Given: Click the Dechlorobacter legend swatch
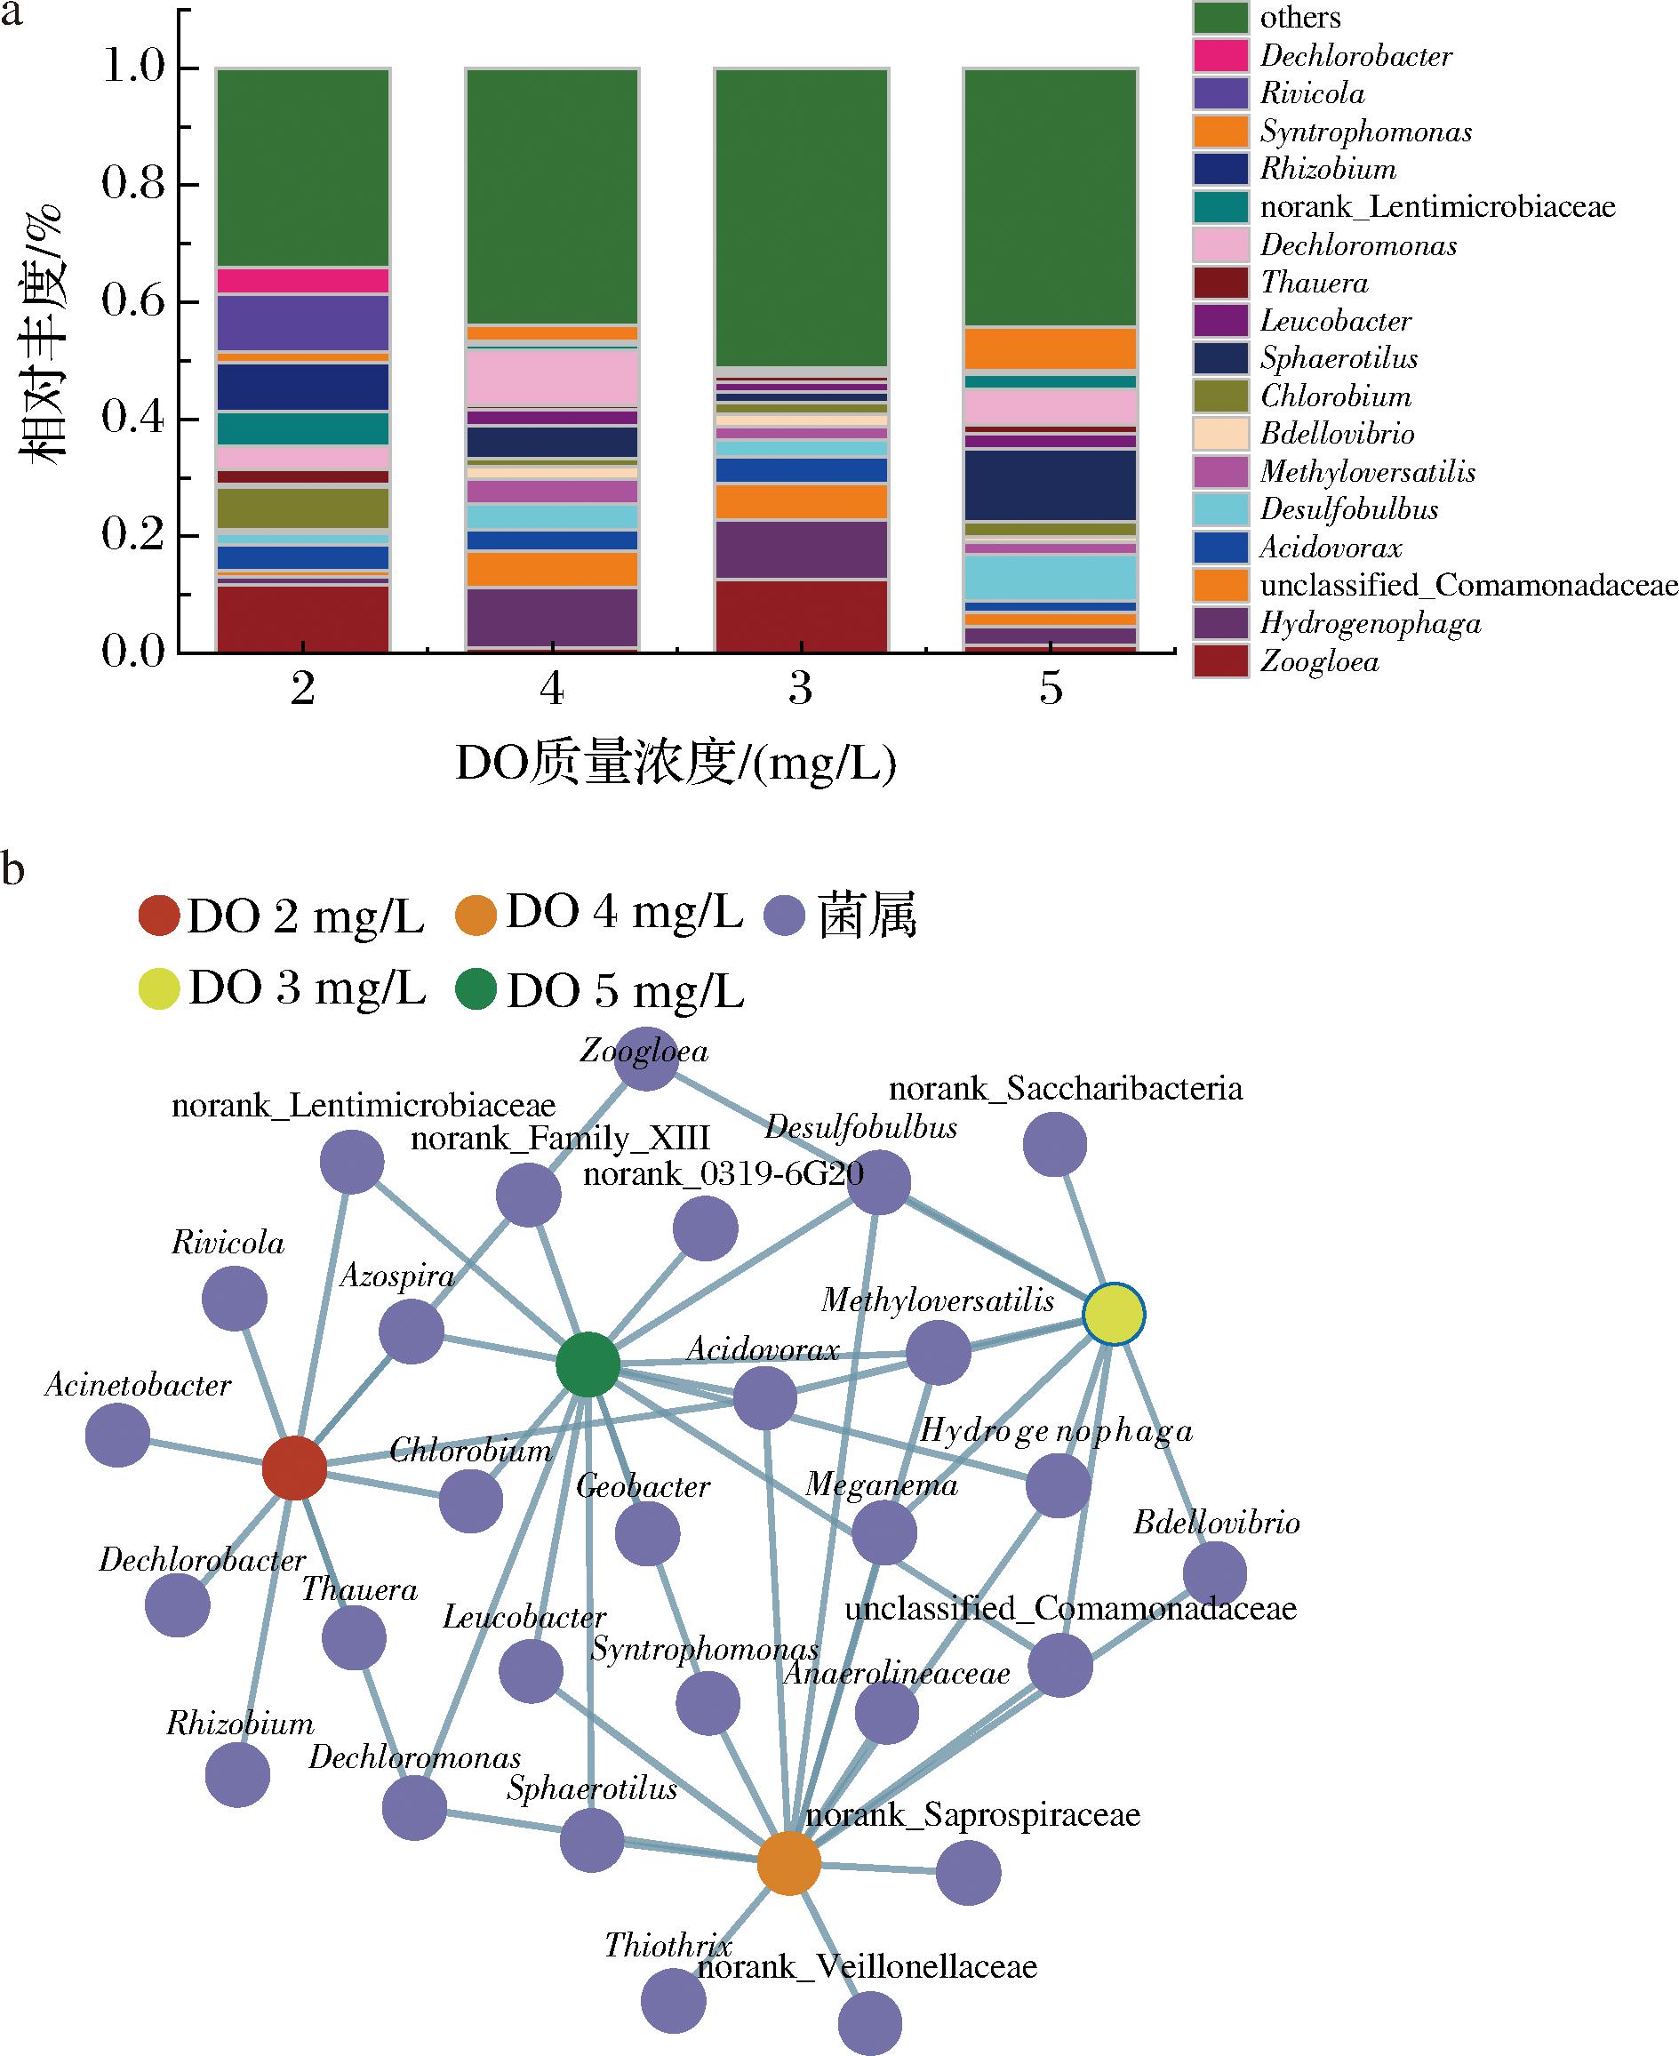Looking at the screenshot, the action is click(1220, 56).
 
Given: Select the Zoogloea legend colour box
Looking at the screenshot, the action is click(1220, 661).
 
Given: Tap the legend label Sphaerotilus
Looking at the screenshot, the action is click(1339, 359).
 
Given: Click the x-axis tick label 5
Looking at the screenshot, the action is click(1051, 689).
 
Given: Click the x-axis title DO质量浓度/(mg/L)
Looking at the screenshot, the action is click(676, 764).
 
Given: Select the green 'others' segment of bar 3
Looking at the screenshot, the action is click(801, 218).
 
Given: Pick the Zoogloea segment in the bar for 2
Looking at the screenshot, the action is click(303, 619).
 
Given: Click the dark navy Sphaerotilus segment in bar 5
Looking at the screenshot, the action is click(1051, 485).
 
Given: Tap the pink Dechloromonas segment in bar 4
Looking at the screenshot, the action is click(552, 378).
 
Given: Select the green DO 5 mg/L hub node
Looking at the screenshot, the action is click(588, 1364).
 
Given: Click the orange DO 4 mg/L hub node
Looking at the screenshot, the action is click(789, 1861).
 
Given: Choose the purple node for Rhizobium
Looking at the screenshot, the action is click(238, 1774).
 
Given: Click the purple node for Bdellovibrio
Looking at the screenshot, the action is click(1215, 1573).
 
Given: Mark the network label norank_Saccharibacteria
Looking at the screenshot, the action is click(1066, 1089).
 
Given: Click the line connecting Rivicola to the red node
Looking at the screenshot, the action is click(265, 1383).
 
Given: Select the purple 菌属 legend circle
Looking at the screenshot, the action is click(784, 915).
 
